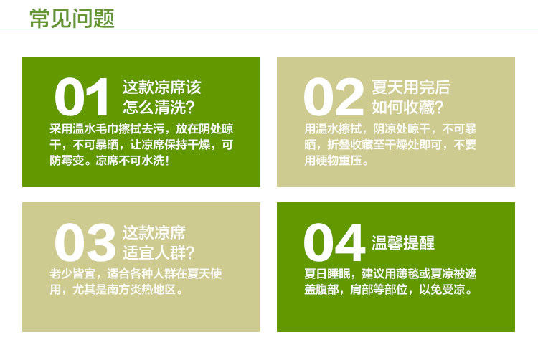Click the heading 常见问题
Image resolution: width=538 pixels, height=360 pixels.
[x=71, y=18]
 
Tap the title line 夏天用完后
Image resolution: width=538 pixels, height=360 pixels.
[x=411, y=87]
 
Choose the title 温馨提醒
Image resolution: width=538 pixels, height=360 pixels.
[x=403, y=242]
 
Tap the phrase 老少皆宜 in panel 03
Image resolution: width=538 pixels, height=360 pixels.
[x=74, y=273]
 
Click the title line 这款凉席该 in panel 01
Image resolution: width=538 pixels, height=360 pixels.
[x=162, y=87]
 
